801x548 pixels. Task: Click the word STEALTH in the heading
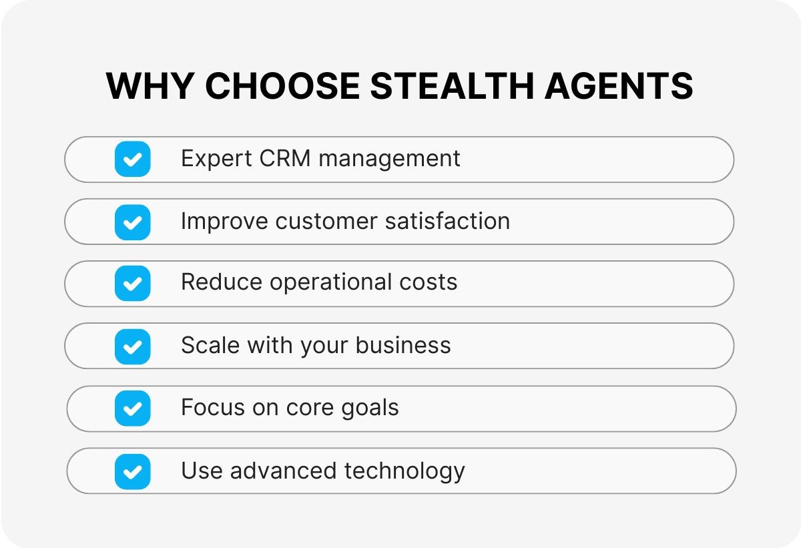click(x=453, y=86)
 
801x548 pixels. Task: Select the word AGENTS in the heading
click(x=619, y=86)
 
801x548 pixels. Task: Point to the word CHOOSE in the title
click(x=282, y=86)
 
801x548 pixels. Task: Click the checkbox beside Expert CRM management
click(x=133, y=159)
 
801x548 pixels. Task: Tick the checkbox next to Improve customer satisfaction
click(x=133, y=222)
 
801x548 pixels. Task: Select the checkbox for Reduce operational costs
click(x=133, y=284)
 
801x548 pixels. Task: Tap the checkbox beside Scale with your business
click(x=133, y=346)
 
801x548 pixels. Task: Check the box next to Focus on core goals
click(x=133, y=408)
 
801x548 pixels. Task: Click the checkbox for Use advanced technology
click(x=133, y=471)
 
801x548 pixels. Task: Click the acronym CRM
click(x=285, y=158)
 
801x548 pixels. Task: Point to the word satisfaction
click(x=448, y=220)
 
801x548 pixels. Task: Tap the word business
click(x=403, y=345)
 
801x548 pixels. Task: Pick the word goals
click(x=370, y=408)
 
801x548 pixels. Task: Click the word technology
click(x=405, y=471)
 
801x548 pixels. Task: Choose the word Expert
click(x=216, y=159)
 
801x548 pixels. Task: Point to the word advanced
click(x=283, y=471)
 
